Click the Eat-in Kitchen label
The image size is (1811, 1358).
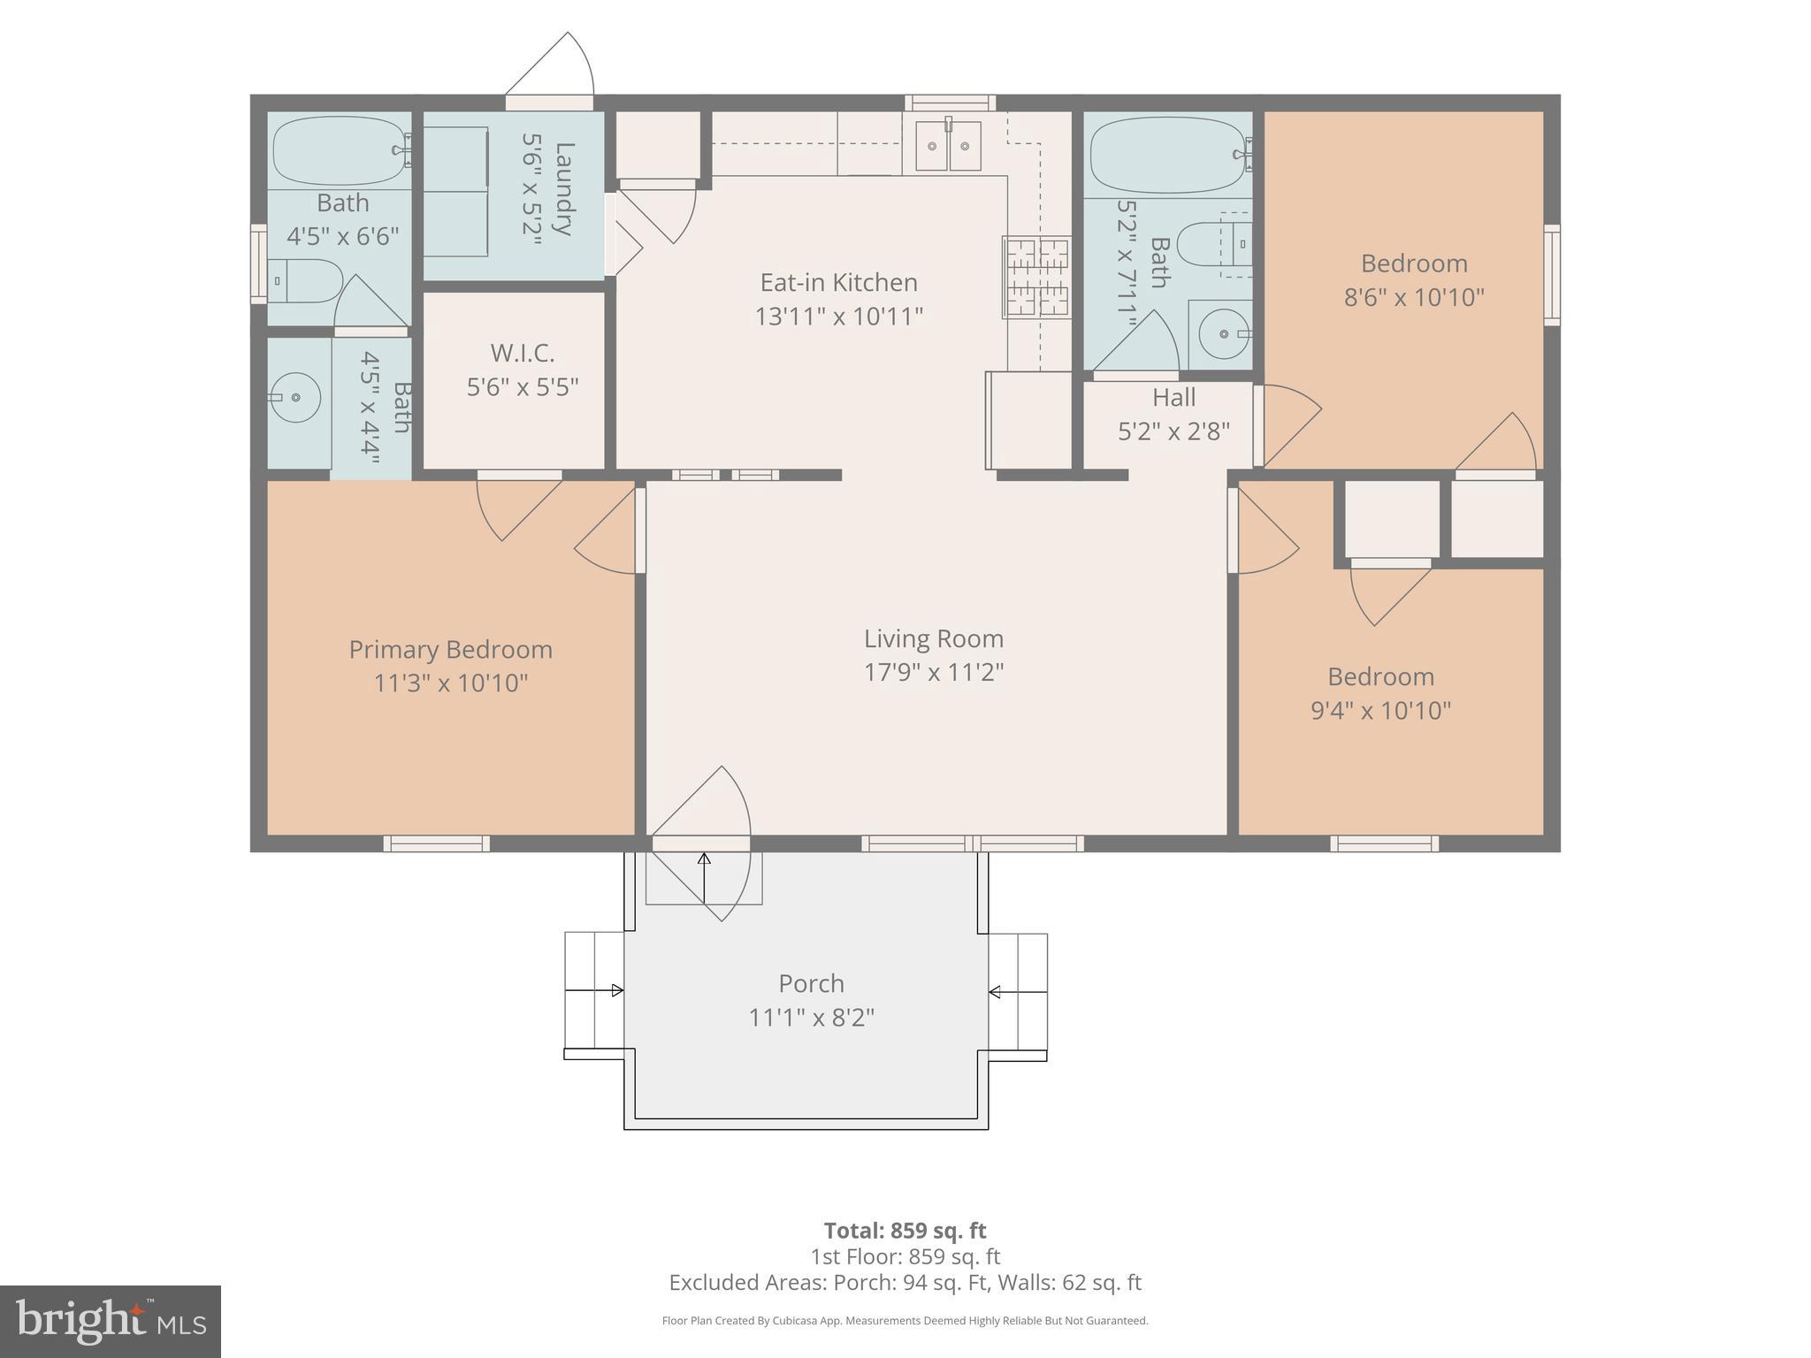pos(838,283)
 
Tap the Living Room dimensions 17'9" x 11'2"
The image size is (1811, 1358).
pos(933,673)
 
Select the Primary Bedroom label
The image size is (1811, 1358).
pos(450,650)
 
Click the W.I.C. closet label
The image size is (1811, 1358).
pos(522,354)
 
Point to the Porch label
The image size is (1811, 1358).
pos(811,983)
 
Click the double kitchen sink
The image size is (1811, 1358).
pos(948,147)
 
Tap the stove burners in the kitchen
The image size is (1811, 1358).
pos(1036,277)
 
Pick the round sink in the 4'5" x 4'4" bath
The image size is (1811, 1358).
pos(295,398)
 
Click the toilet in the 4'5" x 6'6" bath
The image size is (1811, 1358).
pos(305,280)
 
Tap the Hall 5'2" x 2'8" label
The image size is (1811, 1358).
pos(1173,414)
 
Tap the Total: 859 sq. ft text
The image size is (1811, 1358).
pos(905,1231)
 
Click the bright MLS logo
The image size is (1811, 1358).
pos(110,1321)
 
